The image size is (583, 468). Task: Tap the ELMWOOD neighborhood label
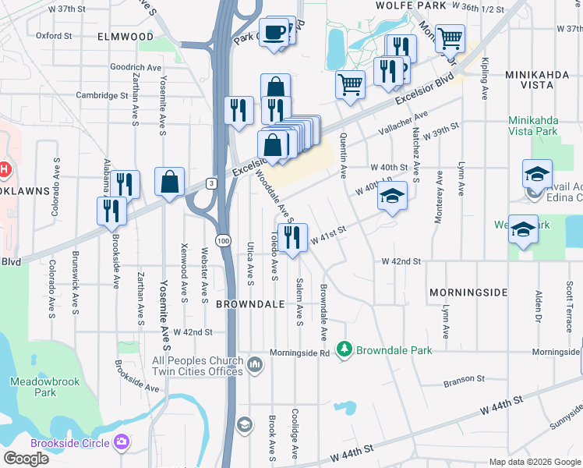tap(125, 37)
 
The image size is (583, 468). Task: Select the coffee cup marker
tap(274, 33)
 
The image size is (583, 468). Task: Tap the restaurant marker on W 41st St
tap(292, 238)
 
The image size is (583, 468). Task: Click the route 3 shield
tap(210, 183)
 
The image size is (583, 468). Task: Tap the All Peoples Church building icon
tap(255, 364)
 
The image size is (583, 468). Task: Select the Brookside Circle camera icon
tap(121, 443)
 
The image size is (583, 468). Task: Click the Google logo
tap(26, 459)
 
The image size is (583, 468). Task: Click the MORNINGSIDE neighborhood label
tap(468, 292)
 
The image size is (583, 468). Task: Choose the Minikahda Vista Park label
tap(543, 126)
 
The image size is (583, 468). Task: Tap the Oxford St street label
tap(53, 35)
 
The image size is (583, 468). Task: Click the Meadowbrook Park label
tap(34, 387)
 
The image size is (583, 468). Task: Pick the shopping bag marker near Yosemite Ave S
tap(169, 183)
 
